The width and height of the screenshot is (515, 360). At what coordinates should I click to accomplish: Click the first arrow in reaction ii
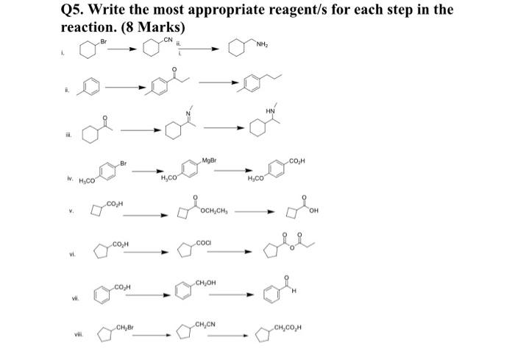(x=126, y=87)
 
